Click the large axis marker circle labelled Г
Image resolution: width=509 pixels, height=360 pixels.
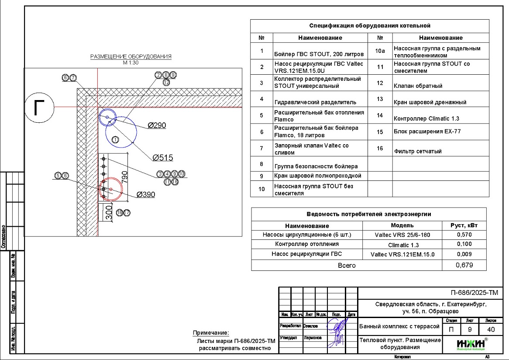coord(39,107)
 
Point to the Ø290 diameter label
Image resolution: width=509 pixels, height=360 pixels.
coord(157,125)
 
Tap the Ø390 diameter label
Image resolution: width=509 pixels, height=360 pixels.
coord(146,195)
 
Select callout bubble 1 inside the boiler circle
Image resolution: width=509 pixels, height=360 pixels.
coord(115,140)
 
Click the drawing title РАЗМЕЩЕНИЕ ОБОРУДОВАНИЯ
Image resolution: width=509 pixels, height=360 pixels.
coord(131,57)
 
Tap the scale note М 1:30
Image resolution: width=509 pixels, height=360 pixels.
coord(131,62)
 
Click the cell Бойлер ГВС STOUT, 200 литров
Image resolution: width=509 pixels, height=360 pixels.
coord(319,55)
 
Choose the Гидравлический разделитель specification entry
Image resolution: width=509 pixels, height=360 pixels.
coord(315,102)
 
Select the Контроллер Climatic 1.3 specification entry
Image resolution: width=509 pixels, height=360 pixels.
coord(426,118)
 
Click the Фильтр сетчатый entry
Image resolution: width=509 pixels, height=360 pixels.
coord(417,151)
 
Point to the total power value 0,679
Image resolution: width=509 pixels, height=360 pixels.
coord(464,265)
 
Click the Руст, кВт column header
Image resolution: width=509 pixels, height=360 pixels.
coord(464,225)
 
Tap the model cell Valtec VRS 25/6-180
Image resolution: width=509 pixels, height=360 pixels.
coord(402,235)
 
